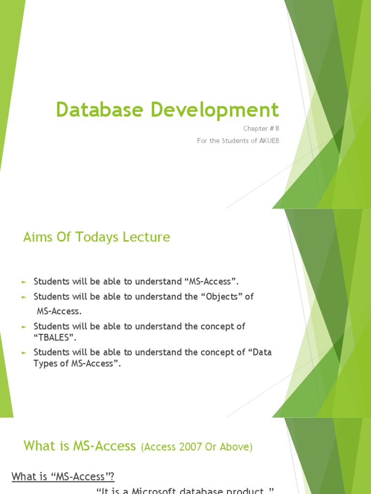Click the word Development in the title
pyautogui.click(x=214, y=110)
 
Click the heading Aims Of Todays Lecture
pyautogui.click(x=97, y=237)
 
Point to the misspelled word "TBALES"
pyautogui.click(x=55, y=337)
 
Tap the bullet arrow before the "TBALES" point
pyautogui.click(x=23, y=327)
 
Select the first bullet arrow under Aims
pyautogui.click(x=23, y=282)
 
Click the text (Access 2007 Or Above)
pyautogui.click(x=197, y=447)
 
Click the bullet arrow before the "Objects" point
pyautogui.click(x=23, y=297)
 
